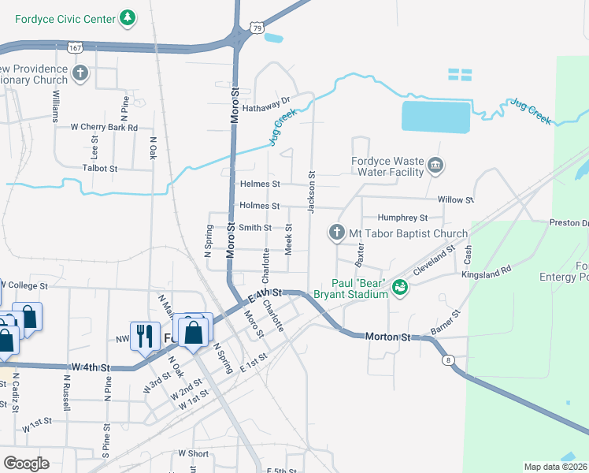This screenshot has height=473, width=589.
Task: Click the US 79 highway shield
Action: click(257, 28)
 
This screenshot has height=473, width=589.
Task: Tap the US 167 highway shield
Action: click(76, 48)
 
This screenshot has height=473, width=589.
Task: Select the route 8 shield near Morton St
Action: click(447, 360)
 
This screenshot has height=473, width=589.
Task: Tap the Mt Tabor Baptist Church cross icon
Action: click(336, 233)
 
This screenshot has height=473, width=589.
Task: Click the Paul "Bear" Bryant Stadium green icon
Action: click(400, 287)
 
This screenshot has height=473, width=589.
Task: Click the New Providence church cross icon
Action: click(80, 74)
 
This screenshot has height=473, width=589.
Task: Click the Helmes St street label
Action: click(260, 184)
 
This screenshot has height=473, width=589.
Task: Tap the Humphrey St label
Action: click(402, 218)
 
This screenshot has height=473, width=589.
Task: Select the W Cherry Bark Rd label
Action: click(104, 127)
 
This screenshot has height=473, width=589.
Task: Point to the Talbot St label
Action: click(100, 168)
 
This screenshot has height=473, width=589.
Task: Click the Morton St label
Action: click(388, 337)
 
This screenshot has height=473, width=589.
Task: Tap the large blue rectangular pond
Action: click(435, 117)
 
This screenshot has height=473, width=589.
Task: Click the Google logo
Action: click(26, 464)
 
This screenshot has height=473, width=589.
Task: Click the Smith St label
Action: click(255, 228)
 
